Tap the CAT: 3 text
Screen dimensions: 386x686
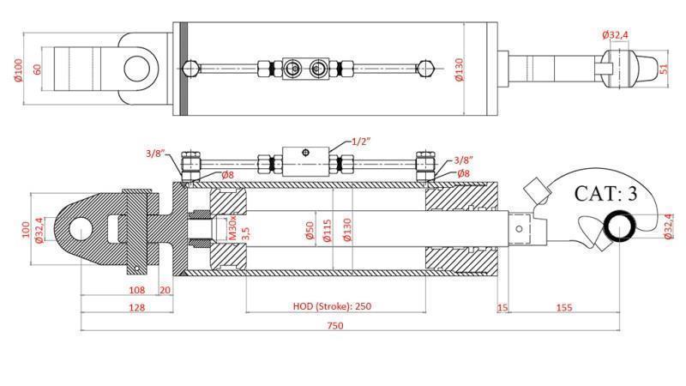point(605,194)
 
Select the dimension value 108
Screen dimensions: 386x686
point(112,290)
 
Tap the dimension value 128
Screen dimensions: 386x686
point(112,306)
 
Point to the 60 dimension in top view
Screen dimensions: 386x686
point(37,68)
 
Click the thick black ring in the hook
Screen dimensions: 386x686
point(621,226)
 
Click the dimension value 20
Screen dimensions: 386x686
point(165,290)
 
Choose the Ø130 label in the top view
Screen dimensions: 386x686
point(458,69)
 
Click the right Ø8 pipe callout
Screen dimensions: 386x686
point(463,174)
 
